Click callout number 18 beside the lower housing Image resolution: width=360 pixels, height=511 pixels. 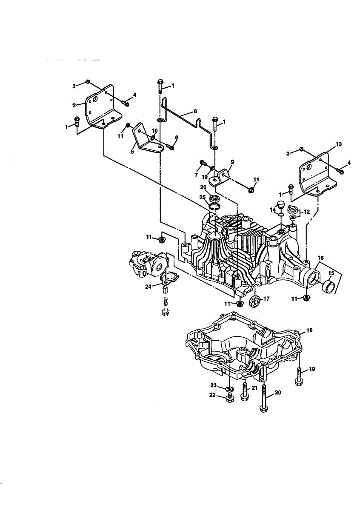(309, 330)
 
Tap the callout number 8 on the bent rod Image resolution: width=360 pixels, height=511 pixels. (195, 111)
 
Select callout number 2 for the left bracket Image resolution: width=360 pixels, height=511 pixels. (74, 105)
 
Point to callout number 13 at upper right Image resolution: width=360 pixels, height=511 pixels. (339, 145)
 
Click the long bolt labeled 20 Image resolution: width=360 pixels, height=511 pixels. (265, 399)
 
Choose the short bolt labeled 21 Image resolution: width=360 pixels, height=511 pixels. (245, 390)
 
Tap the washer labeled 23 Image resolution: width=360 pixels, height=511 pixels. (229, 389)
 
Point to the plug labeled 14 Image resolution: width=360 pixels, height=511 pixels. (280, 204)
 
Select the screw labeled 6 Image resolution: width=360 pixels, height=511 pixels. (171, 147)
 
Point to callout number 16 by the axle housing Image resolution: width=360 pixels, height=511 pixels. (320, 258)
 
